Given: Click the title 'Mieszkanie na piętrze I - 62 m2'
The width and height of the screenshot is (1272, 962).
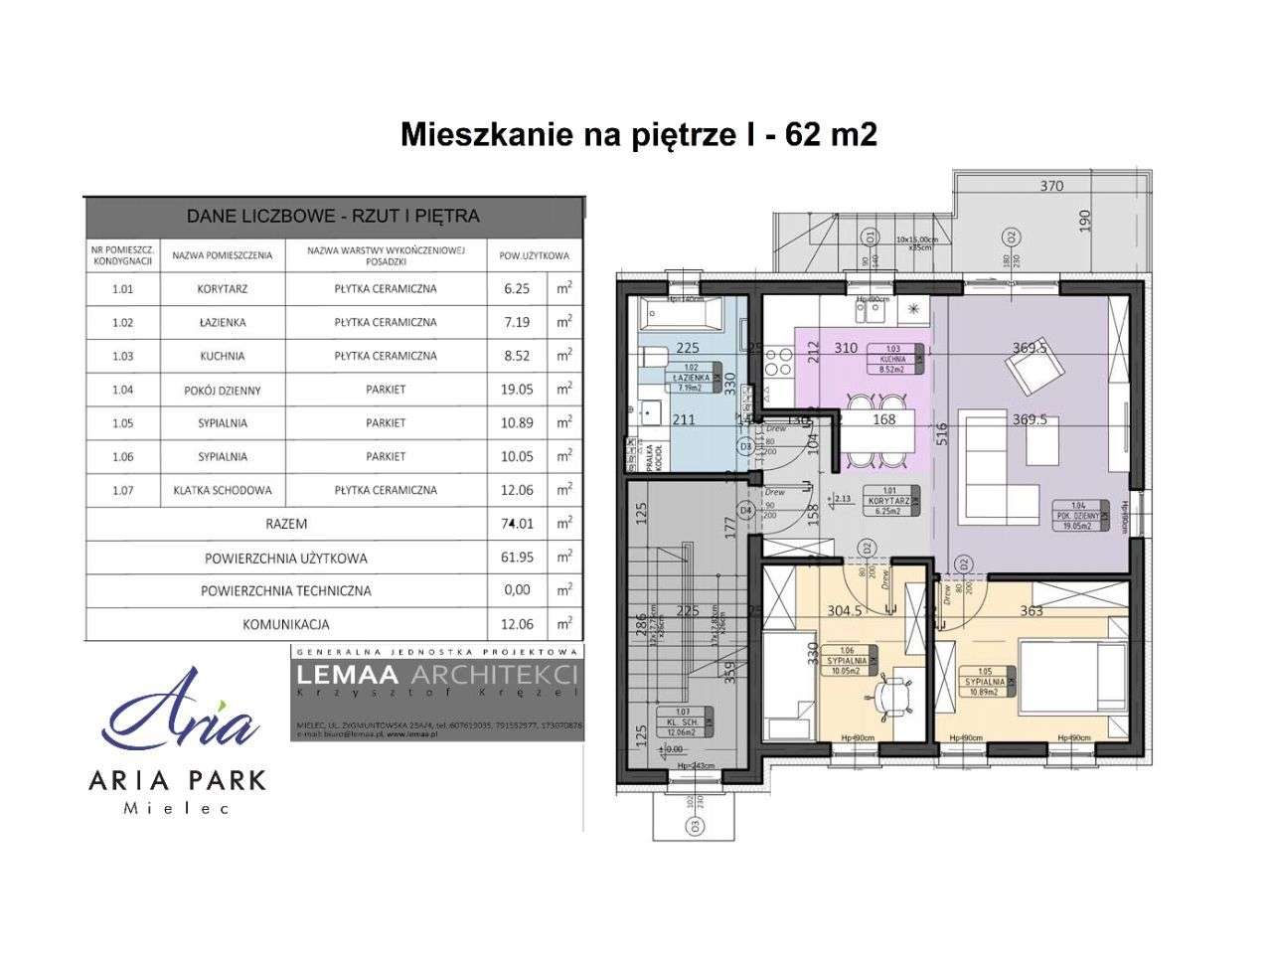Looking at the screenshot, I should (x=638, y=135).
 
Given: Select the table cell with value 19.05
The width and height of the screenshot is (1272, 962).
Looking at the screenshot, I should (x=517, y=390).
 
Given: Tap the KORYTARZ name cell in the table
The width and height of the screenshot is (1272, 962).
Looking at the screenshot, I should (x=222, y=289).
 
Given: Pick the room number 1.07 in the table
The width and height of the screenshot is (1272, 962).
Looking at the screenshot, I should (x=122, y=490).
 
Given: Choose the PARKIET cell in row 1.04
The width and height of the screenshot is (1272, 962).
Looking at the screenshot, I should (x=386, y=390).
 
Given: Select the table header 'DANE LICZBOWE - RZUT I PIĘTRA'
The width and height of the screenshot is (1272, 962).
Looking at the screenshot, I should (x=334, y=216).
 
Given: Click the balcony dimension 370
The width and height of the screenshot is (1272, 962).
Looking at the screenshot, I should (x=1050, y=186).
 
